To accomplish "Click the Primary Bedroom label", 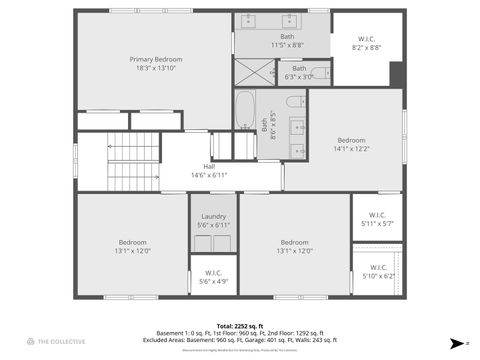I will pos(155,59).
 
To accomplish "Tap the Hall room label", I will pos(209,166).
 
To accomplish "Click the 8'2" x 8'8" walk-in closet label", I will pos(366,43).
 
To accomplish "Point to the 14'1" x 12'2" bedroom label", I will pos(351,140).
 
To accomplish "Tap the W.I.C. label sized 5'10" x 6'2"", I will pos(377,267).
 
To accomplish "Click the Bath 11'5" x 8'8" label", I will pos(287,36).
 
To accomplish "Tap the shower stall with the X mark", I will pos(255,71).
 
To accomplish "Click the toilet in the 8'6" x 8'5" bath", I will pos(296,101).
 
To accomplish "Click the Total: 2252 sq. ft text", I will pos(240,326).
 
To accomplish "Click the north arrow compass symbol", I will pos(457,342).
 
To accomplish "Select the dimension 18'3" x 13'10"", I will pos(155,68).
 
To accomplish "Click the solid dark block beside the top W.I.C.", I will pos(397,75).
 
